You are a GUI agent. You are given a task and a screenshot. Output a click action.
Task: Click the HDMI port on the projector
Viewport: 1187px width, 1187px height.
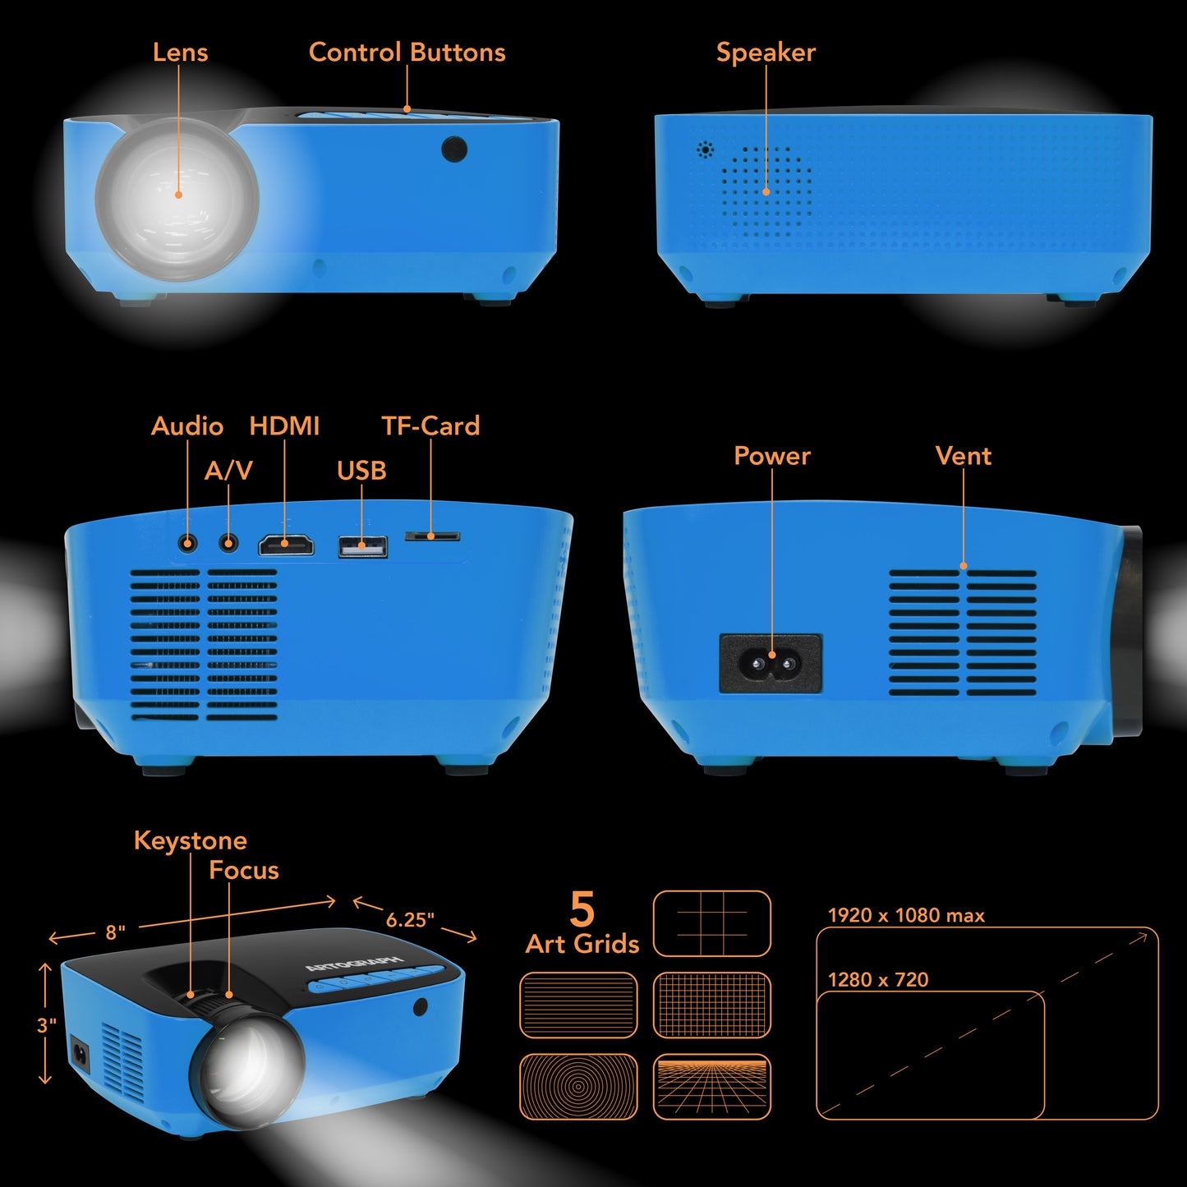(x=286, y=545)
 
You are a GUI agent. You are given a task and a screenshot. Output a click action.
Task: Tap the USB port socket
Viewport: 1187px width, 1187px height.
(x=363, y=546)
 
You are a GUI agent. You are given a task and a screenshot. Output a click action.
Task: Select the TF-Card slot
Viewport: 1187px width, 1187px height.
(x=432, y=536)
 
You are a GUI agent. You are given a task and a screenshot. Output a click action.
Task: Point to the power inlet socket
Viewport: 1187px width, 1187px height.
(x=771, y=664)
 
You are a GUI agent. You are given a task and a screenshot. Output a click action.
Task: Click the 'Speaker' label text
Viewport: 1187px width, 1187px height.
(x=766, y=53)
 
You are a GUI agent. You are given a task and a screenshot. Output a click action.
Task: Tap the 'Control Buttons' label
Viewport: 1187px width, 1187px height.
(x=407, y=53)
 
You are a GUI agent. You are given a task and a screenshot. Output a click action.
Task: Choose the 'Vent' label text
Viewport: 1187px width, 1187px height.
(x=964, y=456)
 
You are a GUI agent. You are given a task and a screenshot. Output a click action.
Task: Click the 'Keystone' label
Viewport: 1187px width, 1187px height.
(x=191, y=841)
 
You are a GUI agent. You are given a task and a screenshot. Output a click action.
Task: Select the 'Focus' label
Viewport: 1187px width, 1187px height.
(x=244, y=871)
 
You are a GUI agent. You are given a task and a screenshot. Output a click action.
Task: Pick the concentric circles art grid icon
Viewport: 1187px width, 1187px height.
(x=578, y=1087)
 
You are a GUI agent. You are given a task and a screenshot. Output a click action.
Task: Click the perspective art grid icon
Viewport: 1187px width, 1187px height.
(x=712, y=1087)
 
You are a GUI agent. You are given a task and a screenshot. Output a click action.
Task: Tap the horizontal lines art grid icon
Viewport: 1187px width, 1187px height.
(x=578, y=1005)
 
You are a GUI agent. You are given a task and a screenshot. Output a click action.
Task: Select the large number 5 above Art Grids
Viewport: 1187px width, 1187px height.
(x=582, y=909)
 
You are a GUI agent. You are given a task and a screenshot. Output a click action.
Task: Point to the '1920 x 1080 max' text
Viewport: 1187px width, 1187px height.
(x=906, y=915)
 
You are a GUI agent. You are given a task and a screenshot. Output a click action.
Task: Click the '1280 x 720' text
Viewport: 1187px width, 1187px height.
(x=878, y=979)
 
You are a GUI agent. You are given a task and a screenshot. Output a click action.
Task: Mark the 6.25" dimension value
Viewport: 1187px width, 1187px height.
(x=410, y=920)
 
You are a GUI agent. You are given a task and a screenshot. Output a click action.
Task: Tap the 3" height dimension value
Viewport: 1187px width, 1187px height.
(x=46, y=1025)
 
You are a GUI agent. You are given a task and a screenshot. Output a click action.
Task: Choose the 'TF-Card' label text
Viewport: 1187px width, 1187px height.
(x=430, y=426)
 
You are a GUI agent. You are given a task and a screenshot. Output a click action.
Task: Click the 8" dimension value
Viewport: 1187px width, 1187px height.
(x=115, y=932)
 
